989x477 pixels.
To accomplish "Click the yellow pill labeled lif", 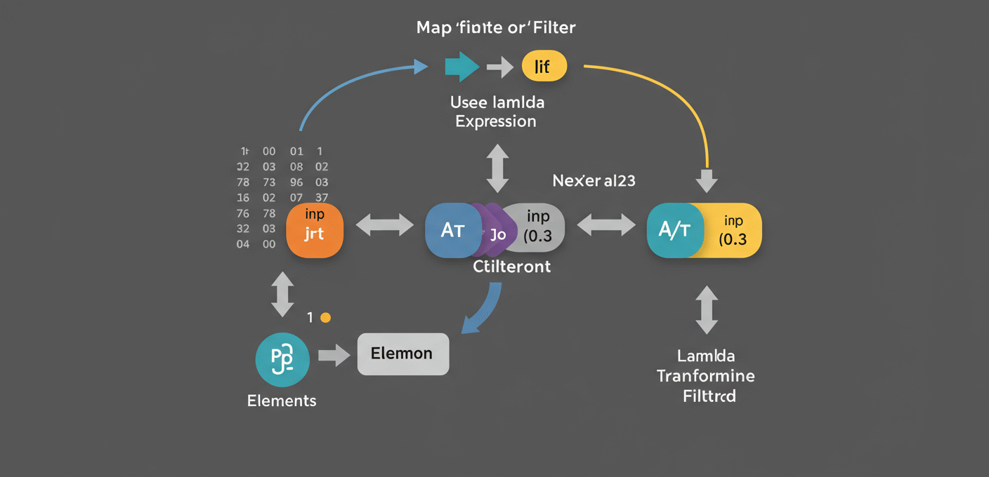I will (544, 67).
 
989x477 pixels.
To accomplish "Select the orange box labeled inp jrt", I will (315, 229).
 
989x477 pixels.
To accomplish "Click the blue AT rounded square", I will (451, 230).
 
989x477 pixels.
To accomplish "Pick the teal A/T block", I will (673, 230).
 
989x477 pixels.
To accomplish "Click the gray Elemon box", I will (402, 354).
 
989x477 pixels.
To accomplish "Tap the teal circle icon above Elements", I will (282, 359).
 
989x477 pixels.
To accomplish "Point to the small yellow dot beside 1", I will (325, 318).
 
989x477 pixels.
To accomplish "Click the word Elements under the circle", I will (282, 401).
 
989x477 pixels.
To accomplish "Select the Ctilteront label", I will (511, 267).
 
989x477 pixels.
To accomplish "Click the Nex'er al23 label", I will (594, 181).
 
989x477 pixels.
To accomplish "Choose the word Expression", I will (496, 121).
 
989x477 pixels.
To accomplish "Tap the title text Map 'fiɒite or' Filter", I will (496, 28).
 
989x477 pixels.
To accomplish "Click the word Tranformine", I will (706, 376).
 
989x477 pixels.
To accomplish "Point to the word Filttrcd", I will (709, 396).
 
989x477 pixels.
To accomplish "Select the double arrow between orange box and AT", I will (386, 225).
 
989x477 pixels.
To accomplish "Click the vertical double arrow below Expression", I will (497, 168).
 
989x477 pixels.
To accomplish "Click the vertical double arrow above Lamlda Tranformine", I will (706, 309).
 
